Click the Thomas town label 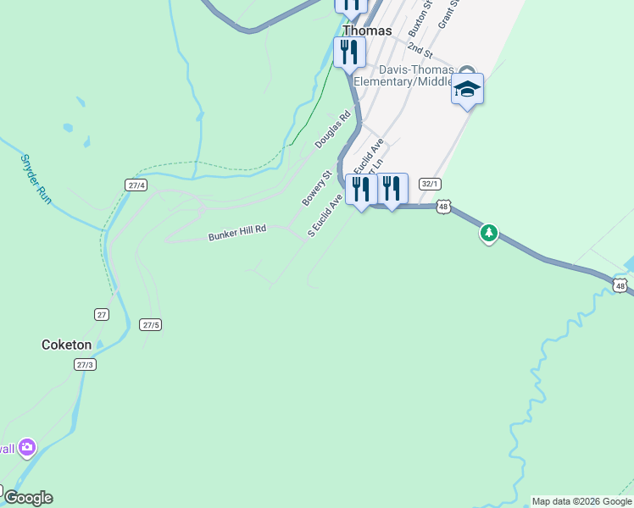pos(367,30)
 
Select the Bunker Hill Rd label pos(237,233)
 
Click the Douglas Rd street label pos(332,131)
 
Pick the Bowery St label pos(315,189)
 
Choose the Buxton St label pos(420,18)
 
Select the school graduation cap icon pos(467,89)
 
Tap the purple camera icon pos(28,447)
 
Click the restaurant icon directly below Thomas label pos(348,52)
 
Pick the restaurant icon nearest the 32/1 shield pos(392,188)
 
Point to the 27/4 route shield pos(136,185)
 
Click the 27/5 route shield pos(151,325)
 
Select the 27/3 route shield pos(85,365)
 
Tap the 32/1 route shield pos(430,183)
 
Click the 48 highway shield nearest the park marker pos(443,206)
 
